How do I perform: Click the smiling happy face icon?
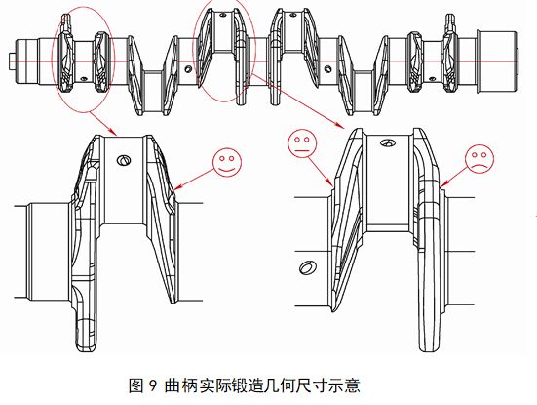click(x=227, y=163)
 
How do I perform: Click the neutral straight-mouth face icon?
click(x=302, y=143)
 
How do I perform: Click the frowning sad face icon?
click(x=479, y=159)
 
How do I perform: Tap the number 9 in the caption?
click(x=152, y=385)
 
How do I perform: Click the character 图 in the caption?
click(x=135, y=385)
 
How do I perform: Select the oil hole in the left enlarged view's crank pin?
click(x=124, y=160)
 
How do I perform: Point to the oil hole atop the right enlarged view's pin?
click(x=388, y=142)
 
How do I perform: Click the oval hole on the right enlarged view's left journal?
click(x=308, y=267)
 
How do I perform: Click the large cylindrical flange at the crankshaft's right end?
click(x=497, y=61)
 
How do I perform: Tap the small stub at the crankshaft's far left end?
click(x=11, y=61)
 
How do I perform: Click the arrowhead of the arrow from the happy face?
click(x=176, y=187)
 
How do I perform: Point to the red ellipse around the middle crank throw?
click(x=194, y=52)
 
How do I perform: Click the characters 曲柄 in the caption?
click(x=181, y=385)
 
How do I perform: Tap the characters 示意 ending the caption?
click(x=344, y=385)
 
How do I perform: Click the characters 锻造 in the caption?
click(x=247, y=385)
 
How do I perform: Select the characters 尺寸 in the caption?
click(x=311, y=385)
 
